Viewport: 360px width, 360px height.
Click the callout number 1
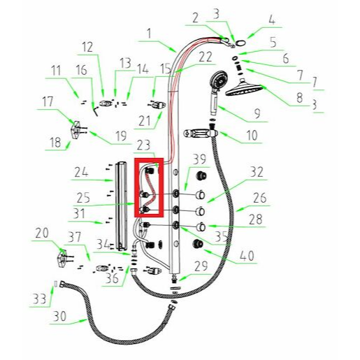click(x=149, y=34)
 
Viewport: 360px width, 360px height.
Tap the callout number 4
click(x=272, y=20)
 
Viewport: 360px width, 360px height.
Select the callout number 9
click(x=257, y=113)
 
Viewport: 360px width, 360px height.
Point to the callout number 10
click(x=252, y=136)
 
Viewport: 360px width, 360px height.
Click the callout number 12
click(x=87, y=48)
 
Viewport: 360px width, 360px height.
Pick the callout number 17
click(x=48, y=102)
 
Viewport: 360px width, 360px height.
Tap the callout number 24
click(x=81, y=173)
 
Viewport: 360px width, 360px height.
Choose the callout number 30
click(x=60, y=317)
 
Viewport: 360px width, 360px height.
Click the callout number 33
click(x=39, y=298)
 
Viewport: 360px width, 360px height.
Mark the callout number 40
click(x=247, y=256)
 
